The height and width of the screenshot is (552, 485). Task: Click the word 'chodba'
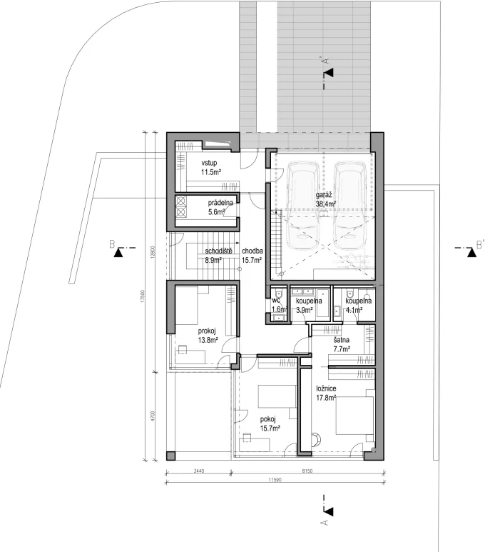click(252, 251)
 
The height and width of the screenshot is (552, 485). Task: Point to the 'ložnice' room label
click(327, 389)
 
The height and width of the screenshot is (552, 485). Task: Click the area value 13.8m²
click(208, 341)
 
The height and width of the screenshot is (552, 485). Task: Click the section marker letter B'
click(480, 246)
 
